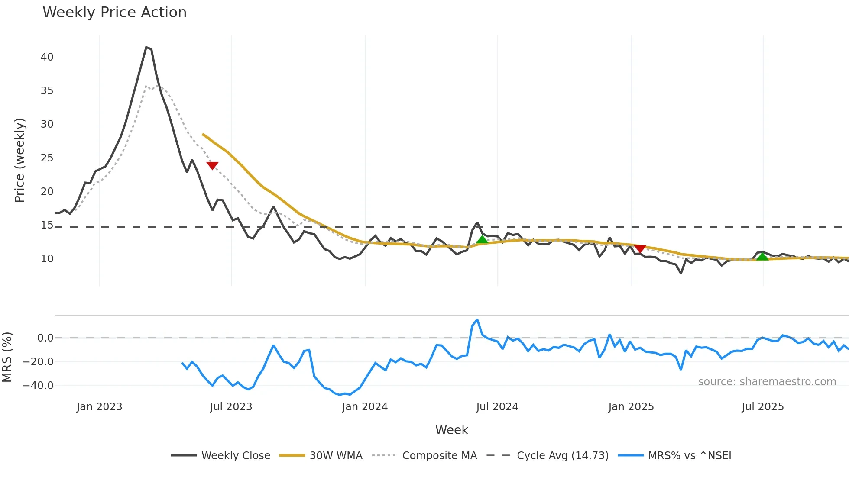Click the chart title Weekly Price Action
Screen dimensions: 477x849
[x=114, y=13]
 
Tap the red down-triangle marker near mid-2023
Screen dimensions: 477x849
[x=212, y=165]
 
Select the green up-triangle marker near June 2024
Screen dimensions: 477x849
[x=482, y=240]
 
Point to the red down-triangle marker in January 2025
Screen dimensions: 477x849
[x=640, y=248]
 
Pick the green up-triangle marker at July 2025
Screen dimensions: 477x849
[x=762, y=257]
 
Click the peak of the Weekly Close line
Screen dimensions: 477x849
[x=146, y=47]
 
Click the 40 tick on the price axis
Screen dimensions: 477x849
[x=47, y=57]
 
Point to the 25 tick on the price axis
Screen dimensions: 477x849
[x=47, y=158]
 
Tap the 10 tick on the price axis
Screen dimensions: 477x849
[x=47, y=259]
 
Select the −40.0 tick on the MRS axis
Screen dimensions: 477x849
[x=38, y=386]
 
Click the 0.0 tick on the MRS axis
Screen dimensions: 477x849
[x=45, y=338]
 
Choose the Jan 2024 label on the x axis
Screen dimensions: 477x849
[x=365, y=407]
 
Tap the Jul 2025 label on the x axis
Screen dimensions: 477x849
[x=763, y=407]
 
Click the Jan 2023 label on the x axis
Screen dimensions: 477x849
[x=99, y=407]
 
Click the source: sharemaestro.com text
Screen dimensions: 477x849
[x=767, y=382]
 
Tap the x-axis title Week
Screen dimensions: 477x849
[x=451, y=430]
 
